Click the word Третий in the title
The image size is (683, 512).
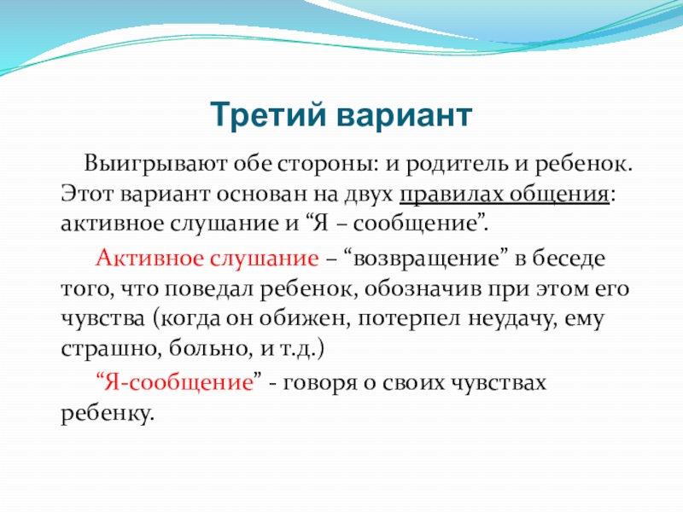[268, 115]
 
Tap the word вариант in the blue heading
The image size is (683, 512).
[404, 116]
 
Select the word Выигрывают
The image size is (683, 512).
[155, 165]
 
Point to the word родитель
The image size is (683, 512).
[457, 165]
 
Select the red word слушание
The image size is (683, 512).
[265, 259]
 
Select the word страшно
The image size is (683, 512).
[109, 349]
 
